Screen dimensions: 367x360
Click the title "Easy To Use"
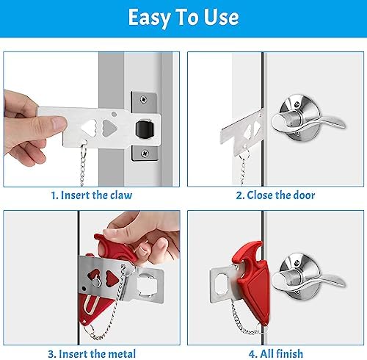pos(183,17)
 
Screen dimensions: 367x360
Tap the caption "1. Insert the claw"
pos(92,195)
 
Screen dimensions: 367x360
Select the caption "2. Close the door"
pos(275,195)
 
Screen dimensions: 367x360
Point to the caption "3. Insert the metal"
pos(92,354)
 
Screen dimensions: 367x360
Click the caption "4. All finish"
pos(276,354)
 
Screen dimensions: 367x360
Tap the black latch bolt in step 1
pos(145,129)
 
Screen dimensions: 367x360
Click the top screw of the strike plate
pos(144,99)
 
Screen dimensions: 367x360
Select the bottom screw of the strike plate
pos(145,154)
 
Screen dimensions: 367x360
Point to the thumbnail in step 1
pos(58,123)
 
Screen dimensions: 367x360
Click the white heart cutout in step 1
pos(89,128)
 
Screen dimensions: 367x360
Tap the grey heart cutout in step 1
pos(109,128)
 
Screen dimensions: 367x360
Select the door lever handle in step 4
pos(308,278)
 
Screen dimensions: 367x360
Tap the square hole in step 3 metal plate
pos(145,284)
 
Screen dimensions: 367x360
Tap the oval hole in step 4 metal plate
pos(221,284)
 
